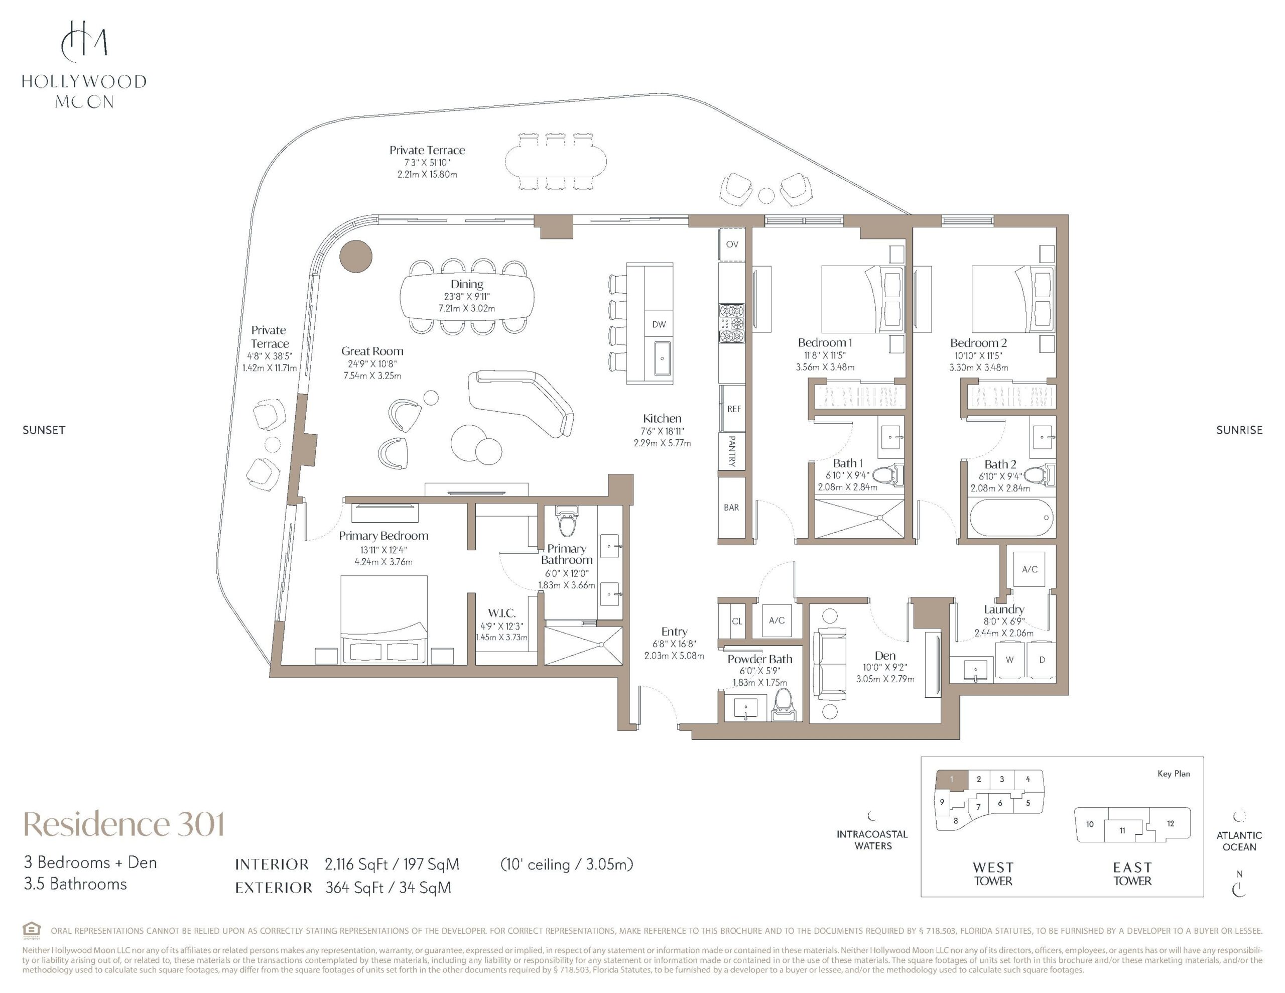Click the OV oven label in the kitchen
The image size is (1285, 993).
tap(732, 244)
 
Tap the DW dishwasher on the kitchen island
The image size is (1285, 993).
tap(659, 324)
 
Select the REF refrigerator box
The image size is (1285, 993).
tap(733, 409)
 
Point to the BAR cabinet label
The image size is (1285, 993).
tap(731, 508)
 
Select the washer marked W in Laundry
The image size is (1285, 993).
tap(1009, 660)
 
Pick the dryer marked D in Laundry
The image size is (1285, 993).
tap(1042, 660)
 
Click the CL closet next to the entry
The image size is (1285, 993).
tap(737, 621)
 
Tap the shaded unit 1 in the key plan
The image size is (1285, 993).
tap(952, 779)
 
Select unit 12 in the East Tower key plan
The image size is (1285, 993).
tap(1170, 823)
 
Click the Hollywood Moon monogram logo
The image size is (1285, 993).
tap(84, 41)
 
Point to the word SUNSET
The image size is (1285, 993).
tap(44, 430)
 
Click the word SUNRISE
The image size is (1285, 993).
tap(1239, 430)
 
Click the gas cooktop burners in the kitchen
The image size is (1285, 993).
tap(731, 323)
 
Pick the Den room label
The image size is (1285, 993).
tap(885, 656)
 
